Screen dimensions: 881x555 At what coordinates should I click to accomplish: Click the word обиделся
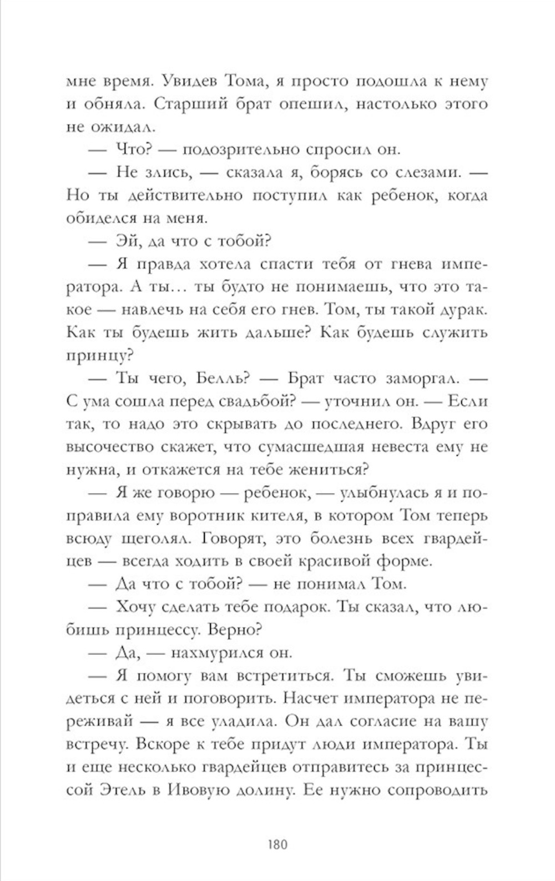tap(92, 218)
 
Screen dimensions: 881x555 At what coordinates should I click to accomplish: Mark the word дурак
tap(463, 310)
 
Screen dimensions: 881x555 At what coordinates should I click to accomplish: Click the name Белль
tap(218, 378)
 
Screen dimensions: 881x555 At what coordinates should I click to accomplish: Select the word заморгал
tap(412, 378)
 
